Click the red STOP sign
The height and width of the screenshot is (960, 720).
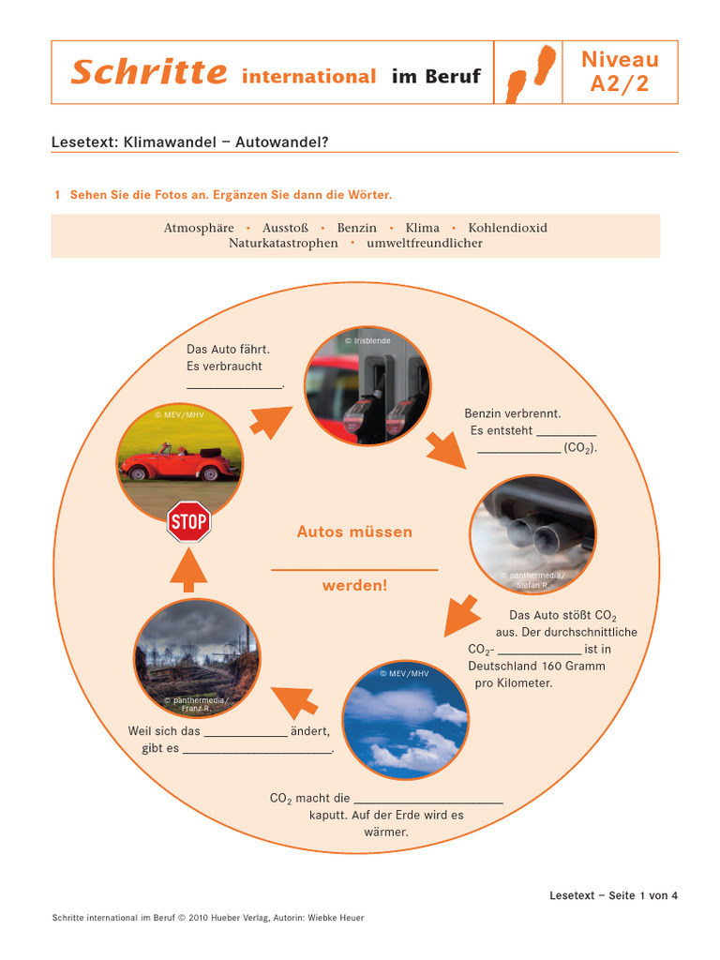tap(188, 522)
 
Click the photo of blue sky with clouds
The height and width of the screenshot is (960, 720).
tap(406, 717)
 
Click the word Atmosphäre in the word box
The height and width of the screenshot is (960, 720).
tap(199, 228)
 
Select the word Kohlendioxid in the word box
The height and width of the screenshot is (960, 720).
tap(507, 228)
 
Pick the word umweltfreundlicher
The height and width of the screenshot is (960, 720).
tap(425, 243)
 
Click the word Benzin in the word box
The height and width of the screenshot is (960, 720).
tap(357, 228)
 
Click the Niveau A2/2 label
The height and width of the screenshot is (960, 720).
tap(620, 72)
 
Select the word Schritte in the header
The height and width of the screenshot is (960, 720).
tap(148, 73)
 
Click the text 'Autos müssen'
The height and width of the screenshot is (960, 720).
tap(354, 532)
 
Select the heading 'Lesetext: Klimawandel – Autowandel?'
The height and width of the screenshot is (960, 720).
tap(189, 142)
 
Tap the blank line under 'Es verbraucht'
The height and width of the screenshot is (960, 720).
tap(233, 384)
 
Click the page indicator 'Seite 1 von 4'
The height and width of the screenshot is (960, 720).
tap(642, 895)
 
